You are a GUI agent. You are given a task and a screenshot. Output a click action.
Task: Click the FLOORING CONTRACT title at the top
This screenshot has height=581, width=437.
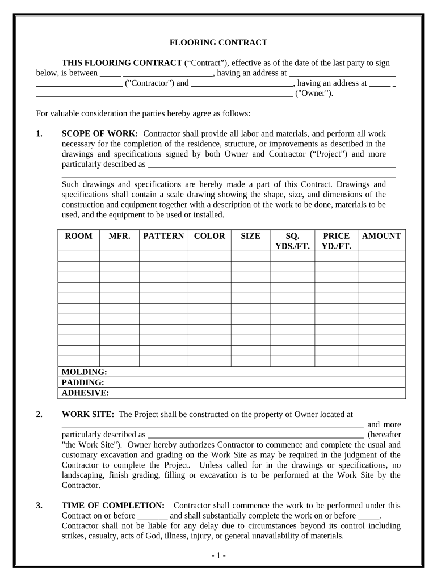[218, 43]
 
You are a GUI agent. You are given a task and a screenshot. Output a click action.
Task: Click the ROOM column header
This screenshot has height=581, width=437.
[79, 236]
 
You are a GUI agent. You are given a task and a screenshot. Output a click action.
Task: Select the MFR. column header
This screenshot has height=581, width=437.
[119, 236]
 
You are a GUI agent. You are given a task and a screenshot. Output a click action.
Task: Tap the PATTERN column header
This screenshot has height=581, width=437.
[163, 236]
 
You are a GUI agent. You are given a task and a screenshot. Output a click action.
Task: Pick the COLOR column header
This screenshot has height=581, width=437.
[209, 236]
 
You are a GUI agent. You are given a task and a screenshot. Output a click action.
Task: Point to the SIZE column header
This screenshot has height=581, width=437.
[250, 236]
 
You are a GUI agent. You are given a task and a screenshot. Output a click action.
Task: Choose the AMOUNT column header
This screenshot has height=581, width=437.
[381, 236]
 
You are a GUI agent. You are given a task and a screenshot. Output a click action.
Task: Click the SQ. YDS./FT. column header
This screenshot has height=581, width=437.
[292, 241]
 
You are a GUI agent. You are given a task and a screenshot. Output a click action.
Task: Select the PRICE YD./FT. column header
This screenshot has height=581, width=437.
[336, 241]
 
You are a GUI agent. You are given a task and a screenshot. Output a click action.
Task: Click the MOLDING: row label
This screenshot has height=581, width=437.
[84, 372]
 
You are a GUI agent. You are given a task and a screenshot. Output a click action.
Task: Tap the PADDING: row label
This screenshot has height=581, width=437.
[82, 382]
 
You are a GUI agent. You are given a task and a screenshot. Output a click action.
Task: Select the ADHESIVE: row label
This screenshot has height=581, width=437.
[85, 393]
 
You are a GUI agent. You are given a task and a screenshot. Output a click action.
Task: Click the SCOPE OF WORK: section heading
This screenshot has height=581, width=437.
[99, 134]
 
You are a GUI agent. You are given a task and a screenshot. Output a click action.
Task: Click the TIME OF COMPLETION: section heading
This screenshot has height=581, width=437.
[113, 505]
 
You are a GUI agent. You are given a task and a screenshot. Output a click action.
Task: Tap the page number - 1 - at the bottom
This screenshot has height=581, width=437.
[218, 555]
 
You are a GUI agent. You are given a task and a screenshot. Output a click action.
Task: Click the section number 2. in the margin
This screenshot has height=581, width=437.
[39, 414]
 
